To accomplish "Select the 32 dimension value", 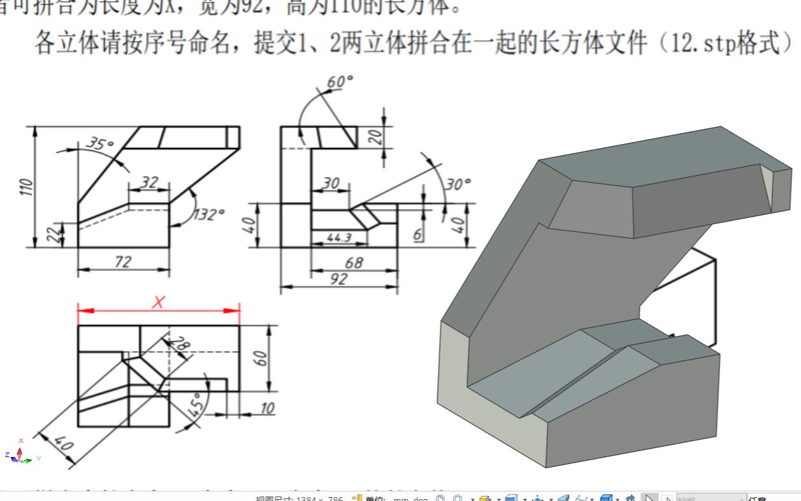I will (x=148, y=183).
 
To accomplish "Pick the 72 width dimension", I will (x=122, y=262).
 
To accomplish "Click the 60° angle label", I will (x=340, y=82).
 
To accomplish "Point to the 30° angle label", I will (x=458, y=185).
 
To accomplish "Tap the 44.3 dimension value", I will (x=339, y=237).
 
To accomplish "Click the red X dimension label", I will (x=158, y=302).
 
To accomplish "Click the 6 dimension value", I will (x=417, y=235).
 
